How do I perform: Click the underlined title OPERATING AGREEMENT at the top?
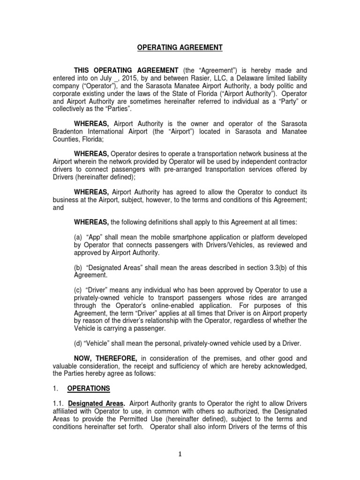coord(173,47)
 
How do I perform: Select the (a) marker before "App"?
coord(78,237)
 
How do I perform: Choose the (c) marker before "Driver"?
coord(78,290)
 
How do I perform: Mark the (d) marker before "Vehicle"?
coord(78,343)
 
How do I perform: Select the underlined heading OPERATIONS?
coord(89,389)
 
